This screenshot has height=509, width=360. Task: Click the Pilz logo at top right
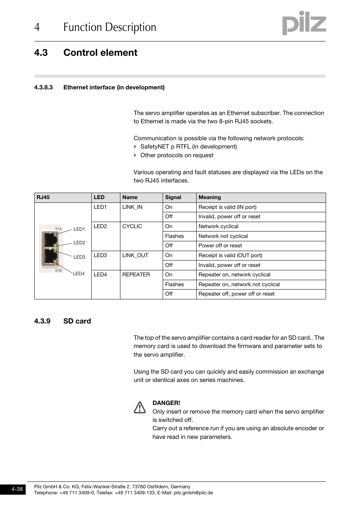pyautogui.click(x=304, y=23)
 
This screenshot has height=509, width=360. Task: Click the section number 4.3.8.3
pyautogui.click(x=43, y=87)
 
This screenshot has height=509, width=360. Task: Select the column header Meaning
pyautogui.click(x=210, y=197)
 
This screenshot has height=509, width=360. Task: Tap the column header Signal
pyautogui.click(x=173, y=197)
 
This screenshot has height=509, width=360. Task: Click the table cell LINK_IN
pyautogui.click(x=132, y=207)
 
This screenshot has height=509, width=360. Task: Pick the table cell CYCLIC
pyautogui.click(x=132, y=226)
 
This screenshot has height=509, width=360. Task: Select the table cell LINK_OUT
pyautogui.click(x=135, y=255)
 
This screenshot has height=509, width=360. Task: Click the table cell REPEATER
pyautogui.click(x=136, y=274)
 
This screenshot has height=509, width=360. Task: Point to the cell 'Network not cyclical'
pyautogui.click(x=223, y=236)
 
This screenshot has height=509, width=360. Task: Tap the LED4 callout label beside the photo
pyautogui.click(x=78, y=274)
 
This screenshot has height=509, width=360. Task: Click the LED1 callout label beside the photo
pyautogui.click(x=79, y=229)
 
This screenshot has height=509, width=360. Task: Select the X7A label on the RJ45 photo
pyautogui.click(x=58, y=228)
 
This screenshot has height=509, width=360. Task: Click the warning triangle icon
pyautogui.click(x=140, y=407)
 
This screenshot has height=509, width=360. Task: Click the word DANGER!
pyautogui.click(x=166, y=403)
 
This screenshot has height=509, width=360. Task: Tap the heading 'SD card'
pyautogui.click(x=77, y=321)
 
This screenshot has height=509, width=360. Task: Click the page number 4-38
pyautogui.click(x=17, y=489)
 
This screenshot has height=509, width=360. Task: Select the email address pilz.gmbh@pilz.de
pyautogui.click(x=193, y=492)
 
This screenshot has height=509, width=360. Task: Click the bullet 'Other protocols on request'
pyautogui.click(x=177, y=155)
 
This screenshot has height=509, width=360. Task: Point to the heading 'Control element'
pyautogui.click(x=100, y=52)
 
